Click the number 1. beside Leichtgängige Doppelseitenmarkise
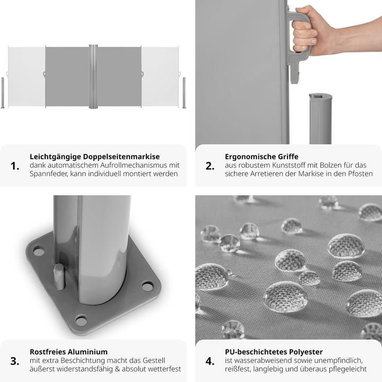tap(15, 166)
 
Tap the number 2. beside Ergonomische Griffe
tap(210, 166)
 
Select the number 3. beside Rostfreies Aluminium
tap(15, 361)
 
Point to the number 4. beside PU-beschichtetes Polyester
tap(210, 361)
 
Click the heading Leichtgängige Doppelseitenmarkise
tap(94, 157)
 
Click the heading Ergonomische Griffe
tap(262, 157)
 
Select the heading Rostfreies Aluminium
tap(68, 352)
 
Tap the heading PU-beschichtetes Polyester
tap(274, 352)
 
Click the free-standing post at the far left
tap(3, 93)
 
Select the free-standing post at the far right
tap(185, 93)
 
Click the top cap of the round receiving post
tap(320, 98)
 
